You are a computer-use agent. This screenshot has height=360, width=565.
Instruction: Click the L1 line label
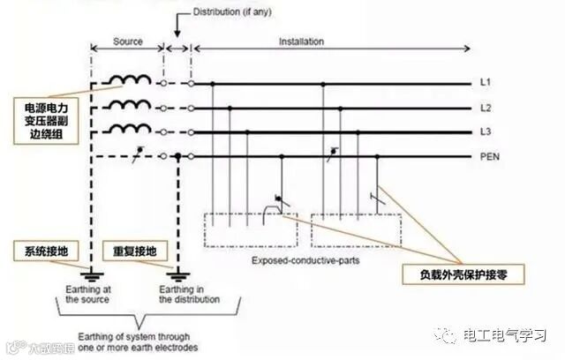tap(485, 83)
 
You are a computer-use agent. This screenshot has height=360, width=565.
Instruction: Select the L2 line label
tap(485, 108)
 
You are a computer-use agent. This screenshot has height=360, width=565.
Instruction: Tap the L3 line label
tap(485, 132)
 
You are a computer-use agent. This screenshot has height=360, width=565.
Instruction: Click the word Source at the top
tap(129, 41)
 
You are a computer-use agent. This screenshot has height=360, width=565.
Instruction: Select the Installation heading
tap(301, 41)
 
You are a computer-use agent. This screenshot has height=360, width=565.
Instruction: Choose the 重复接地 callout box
tap(130, 251)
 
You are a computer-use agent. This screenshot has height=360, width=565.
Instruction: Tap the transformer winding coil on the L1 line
tap(131, 81)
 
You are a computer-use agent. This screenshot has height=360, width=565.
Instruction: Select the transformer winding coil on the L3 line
tap(131, 131)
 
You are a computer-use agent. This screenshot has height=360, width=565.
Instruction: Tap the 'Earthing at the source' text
tap(87, 294)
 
